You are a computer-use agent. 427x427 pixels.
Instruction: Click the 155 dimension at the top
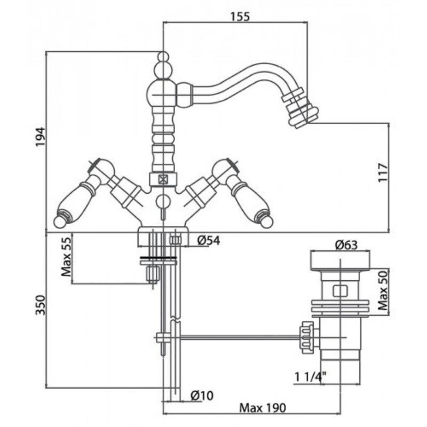click(240, 17)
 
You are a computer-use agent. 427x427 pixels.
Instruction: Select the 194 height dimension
click(41, 137)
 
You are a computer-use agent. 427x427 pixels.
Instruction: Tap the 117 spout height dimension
click(382, 172)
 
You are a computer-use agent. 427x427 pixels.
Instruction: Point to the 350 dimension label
click(41, 305)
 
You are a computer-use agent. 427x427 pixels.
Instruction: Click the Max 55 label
click(66, 257)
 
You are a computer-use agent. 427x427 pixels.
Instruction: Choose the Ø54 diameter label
click(208, 241)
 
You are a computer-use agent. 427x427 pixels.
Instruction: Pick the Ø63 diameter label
click(346, 245)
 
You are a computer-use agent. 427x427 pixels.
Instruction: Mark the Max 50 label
click(383, 290)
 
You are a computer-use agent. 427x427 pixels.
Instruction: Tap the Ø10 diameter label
click(202, 396)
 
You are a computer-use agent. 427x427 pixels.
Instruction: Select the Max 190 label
click(263, 408)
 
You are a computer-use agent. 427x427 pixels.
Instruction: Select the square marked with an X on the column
click(163, 179)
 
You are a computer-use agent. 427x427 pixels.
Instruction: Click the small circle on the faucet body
click(163, 201)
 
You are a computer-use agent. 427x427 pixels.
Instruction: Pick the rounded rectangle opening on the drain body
click(341, 290)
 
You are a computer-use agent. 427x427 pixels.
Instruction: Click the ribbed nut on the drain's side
click(307, 337)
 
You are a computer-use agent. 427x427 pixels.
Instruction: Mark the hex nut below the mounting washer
click(153, 274)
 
